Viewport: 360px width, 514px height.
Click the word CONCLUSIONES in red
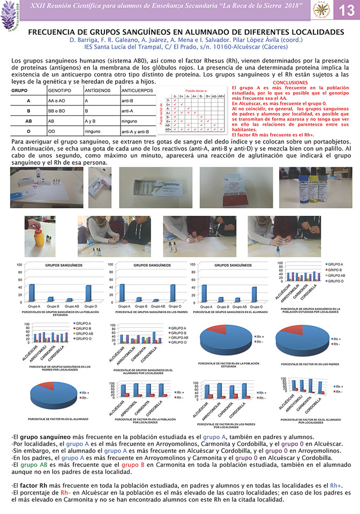(x=290, y=83)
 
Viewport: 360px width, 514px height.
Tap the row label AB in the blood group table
(x=28, y=121)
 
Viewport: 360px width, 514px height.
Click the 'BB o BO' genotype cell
(x=57, y=111)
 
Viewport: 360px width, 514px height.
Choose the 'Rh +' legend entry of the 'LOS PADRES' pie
(x=336, y=339)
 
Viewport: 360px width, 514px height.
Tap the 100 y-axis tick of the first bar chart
(x=19, y=265)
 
